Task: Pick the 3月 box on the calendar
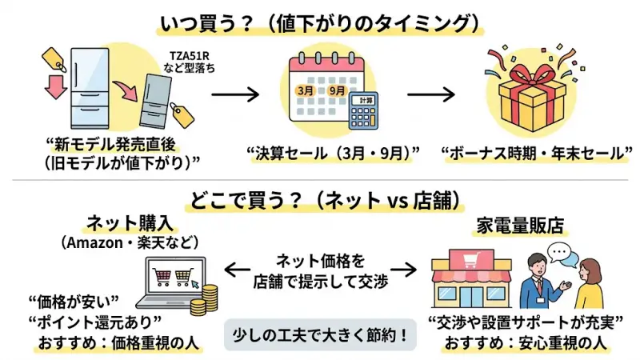(305, 90)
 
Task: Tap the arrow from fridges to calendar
(238, 94)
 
